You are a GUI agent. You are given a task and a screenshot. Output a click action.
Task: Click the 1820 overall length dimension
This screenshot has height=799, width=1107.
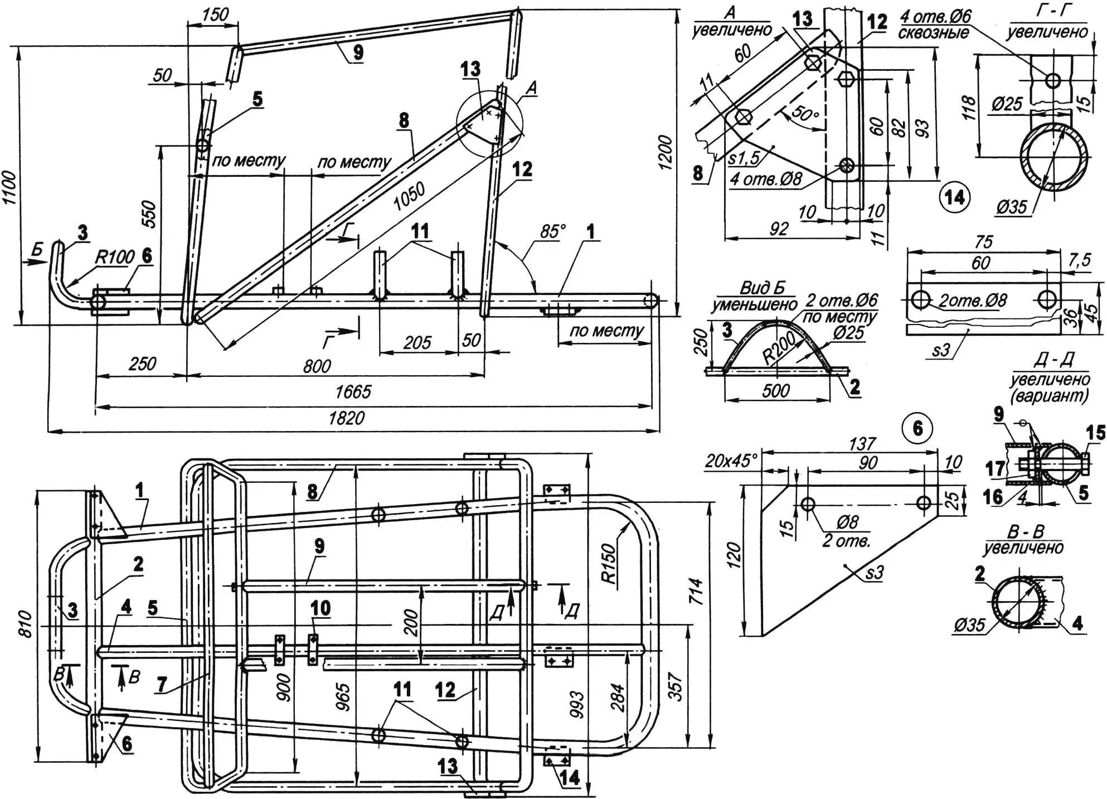coord(346,418)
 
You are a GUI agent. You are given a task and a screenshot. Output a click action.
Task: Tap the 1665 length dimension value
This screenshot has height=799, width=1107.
coord(352,392)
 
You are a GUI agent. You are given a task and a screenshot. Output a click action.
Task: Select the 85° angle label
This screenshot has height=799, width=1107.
coord(552,231)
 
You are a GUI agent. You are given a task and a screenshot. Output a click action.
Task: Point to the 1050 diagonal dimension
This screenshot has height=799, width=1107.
coord(409,197)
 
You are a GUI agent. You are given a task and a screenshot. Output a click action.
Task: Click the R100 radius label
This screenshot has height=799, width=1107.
coord(115,257)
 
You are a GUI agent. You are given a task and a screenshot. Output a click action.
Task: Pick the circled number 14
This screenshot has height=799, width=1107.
coord(954,197)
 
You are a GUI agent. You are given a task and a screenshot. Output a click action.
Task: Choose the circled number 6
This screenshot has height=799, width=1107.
coord(917,428)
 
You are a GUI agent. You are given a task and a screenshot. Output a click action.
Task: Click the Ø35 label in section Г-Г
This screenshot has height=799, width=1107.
coord(1012,207)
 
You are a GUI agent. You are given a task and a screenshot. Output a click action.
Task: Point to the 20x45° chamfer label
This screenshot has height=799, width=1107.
coord(731,461)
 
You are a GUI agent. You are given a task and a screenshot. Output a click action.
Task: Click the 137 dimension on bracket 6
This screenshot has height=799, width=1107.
coord(862,444)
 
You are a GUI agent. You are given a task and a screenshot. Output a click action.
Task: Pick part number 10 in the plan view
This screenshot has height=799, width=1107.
coord(321,608)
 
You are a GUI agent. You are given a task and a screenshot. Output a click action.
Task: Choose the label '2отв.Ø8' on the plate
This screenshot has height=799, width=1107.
coord(973,301)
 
